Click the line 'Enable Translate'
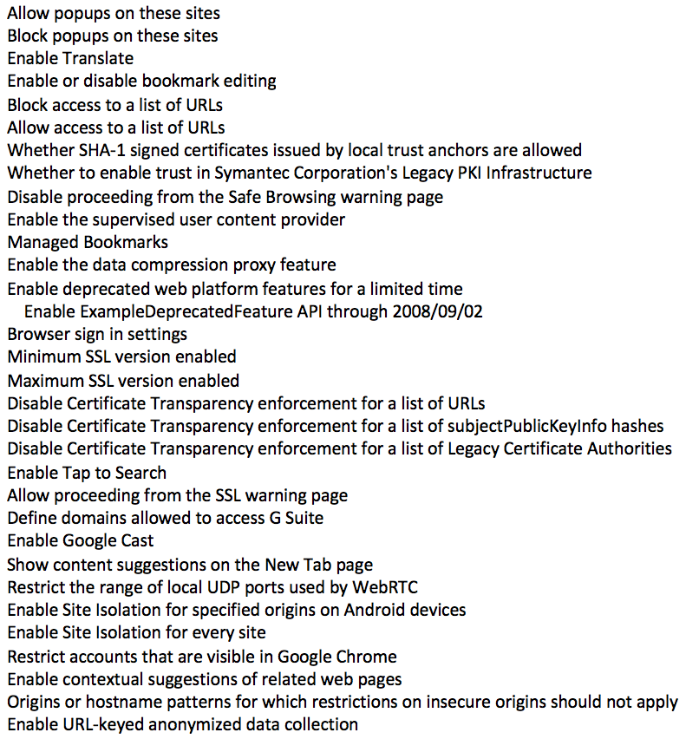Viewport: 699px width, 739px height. (x=70, y=59)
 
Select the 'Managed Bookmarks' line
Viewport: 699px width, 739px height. (x=88, y=242)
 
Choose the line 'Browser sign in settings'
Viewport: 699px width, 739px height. (x=97, y=334)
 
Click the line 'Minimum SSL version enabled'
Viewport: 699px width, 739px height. (x=121, y=356)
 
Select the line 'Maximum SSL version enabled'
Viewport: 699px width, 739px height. (x=123, y=380)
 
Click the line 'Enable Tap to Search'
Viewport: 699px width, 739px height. (x=87, y=473)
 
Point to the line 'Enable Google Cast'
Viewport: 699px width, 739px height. (x=81, y=540)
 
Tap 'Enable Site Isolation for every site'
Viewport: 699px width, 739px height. (x=136, y=632)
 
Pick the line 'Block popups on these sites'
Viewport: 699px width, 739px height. (x=113, y=36)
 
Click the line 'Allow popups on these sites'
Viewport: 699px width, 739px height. (x=114, y=13)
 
